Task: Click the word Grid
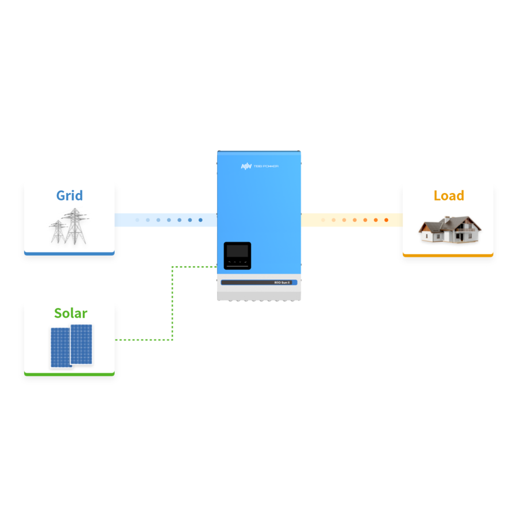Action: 70,195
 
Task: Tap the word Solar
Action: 71,313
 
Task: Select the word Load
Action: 449,195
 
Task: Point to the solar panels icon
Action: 71,346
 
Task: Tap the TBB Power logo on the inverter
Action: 259,166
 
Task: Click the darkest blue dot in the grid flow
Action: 200,220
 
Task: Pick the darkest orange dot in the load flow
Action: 386,220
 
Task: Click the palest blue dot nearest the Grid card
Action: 137,220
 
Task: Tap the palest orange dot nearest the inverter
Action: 323,220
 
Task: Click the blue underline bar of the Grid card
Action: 70,253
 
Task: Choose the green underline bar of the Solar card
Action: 70,374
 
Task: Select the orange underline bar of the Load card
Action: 448,254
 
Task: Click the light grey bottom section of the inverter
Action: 258,294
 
